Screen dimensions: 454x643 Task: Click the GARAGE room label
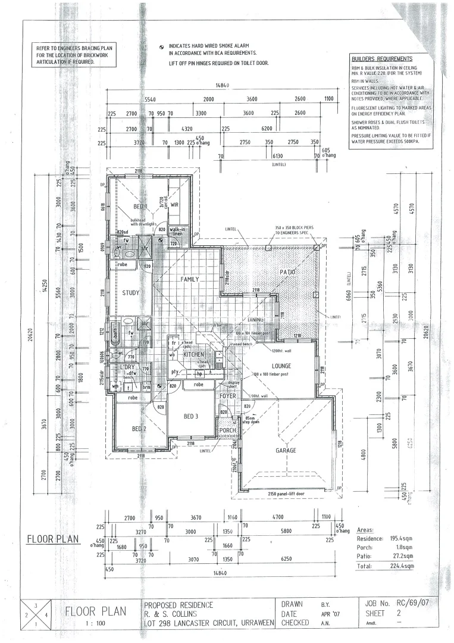coord(286,451)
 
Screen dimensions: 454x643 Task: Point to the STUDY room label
coord(131,293)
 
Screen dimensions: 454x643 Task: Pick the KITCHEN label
coord(194,355)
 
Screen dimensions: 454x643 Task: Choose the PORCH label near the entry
coord(227,430)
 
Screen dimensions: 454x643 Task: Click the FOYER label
coord(227,396)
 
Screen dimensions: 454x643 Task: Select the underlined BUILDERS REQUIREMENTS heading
coord(381,59)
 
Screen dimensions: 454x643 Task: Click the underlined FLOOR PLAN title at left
coord(53,539)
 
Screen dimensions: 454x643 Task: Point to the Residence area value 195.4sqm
coord(401,537)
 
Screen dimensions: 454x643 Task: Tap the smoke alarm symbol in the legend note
coord(161,46)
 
